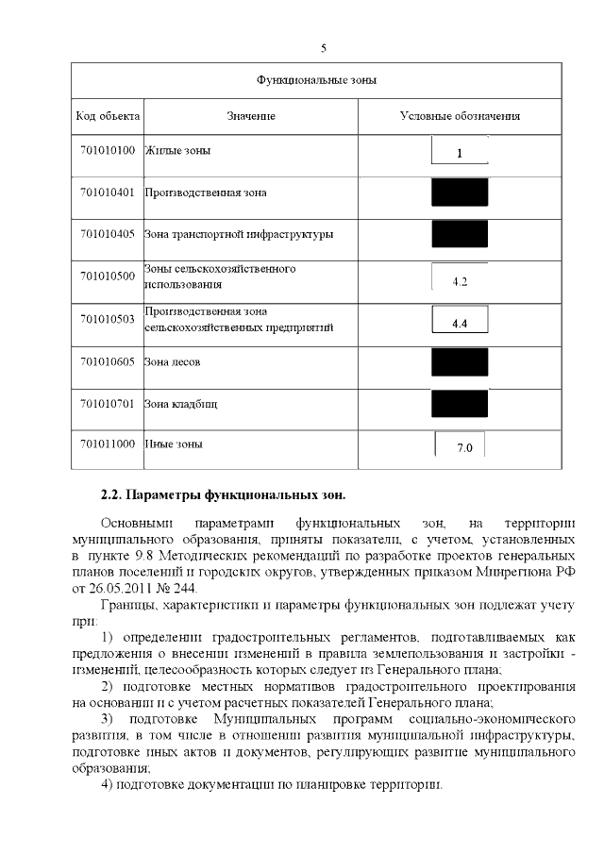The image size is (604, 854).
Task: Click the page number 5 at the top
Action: coord(324,48)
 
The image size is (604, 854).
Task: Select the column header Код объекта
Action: coord(108,116)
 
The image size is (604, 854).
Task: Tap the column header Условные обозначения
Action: coord(460,116)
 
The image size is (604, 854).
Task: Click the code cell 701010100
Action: coord(108,150)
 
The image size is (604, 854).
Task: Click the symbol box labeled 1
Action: coord(460,152)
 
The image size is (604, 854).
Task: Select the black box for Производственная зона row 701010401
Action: coord(460,193)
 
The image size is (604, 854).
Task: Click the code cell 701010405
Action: coord(108,234)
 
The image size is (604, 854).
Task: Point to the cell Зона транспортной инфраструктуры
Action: coord(238,234)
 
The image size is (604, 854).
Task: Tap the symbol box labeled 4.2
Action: coord(460,280)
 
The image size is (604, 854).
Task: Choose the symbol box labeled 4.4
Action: coord(460,323)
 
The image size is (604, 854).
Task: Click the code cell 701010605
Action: coord(108,362)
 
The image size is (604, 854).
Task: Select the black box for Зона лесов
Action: coord(460,362)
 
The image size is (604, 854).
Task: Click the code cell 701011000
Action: coord(108,444)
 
